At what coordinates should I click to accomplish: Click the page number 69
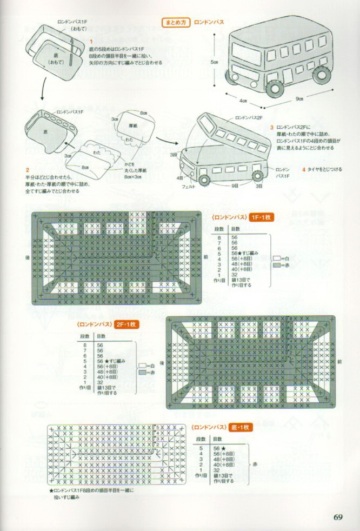coord(339,516)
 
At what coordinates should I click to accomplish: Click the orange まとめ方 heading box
coord(176,23)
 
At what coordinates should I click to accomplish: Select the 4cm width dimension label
coord(243,101)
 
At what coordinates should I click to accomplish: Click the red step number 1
coord(91,41)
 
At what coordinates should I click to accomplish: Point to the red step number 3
coord(272,127)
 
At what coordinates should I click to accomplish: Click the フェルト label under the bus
coord(188,186)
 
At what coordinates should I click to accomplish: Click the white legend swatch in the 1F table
coord(277,258)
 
